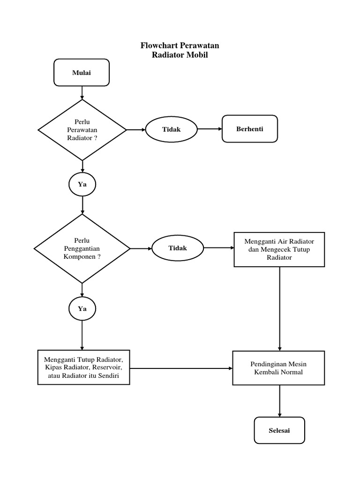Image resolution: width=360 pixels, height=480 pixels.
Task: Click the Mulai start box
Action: pyautogui.click(x=82, y=73)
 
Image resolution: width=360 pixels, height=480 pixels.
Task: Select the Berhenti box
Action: pyautogui.click(x=249, y=129)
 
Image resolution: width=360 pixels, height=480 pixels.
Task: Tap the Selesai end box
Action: pyautogui.click(x=279, y=430)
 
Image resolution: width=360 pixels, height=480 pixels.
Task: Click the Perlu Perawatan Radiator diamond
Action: pyautogui.click(x=82, y=130)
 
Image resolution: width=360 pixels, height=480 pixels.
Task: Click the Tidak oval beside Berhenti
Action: pyautogui.click(x=171, y=129)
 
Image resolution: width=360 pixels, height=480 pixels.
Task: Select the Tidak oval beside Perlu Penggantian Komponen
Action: pyautogui.click(x=178, y=248)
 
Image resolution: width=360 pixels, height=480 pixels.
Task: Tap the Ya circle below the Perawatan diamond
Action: pyautogui.click(x=82, y=184)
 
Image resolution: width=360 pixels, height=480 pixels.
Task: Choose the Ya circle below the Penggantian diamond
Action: pyautogui.click(x=82, y=309)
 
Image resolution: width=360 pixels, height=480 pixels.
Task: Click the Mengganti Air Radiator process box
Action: pyautogui.click(x=279, y=249)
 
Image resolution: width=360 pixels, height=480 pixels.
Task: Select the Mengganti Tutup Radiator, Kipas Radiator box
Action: pyautogui.click(x=83, y=367)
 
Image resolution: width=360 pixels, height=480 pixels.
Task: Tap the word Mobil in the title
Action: pyautogui.click(x=197, y=55)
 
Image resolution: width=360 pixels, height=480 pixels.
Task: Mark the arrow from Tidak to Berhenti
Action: pyautogui.click(x=210, y=129)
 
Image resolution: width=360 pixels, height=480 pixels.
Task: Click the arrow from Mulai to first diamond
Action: pyautogui.click(x=82, y=93)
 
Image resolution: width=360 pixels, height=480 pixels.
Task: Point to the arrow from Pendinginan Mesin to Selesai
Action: pyautogui.click(x=279, y=401)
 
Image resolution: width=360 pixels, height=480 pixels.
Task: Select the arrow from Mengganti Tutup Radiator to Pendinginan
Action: pyautogui.click(x=181, y=368)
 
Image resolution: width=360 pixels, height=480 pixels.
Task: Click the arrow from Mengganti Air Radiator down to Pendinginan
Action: pyautogui.click(x=279, y=309)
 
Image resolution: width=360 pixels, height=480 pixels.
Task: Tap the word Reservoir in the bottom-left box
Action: pyautogui.click(x=106, y=367)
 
